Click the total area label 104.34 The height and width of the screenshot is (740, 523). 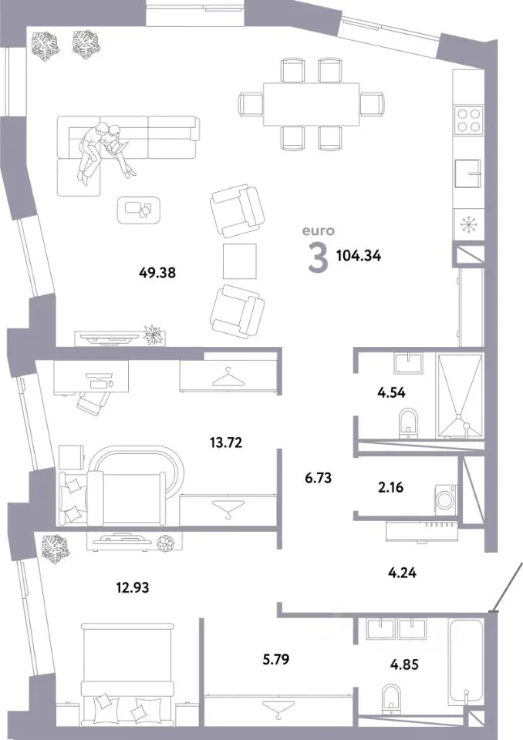tap(359, 256)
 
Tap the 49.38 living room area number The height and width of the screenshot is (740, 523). tap(157, 272)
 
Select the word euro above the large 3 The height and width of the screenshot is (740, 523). tap(319, 230)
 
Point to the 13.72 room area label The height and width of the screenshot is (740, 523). tap(226, 442)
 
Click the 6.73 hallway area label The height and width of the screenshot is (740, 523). tap(318, 478)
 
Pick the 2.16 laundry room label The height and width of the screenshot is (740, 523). tap(391, 487)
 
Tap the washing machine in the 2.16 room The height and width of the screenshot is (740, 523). tap(446, 499)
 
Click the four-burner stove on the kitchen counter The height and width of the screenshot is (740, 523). tap(468, 120)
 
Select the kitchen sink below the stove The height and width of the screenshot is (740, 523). tap(467, 174)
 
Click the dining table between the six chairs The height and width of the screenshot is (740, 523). tap(311, 104)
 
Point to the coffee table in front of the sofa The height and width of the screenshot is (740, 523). tap(138, 210)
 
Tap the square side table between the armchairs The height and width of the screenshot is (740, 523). tap(240, 261)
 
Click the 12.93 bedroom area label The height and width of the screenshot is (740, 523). tap(133, 587)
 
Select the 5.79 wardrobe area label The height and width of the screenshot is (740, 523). tap(276, 659)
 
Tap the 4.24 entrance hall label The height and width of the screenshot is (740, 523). tap(402, 573)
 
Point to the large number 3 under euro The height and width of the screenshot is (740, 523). tap(318, 257)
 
